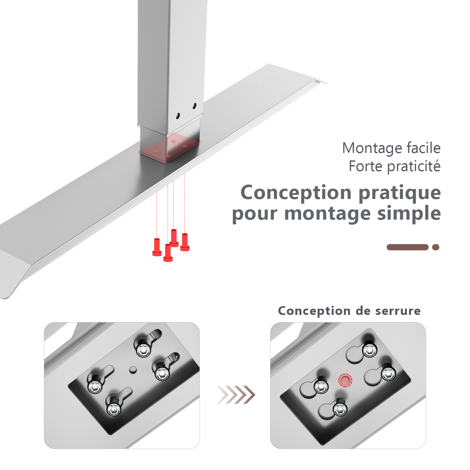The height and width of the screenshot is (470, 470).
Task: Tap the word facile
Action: tap(423, 148)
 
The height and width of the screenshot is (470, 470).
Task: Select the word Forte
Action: tap(365, 166)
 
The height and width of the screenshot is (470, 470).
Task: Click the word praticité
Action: tap(414, 166)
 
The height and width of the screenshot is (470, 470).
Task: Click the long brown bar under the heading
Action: tap(407, 247)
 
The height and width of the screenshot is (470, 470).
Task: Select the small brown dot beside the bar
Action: tap(436, 247)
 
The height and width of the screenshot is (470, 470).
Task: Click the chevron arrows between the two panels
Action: tap(236, 395)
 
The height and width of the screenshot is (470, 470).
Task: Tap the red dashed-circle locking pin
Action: tap(345, 380)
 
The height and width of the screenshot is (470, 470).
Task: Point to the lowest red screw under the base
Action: tap(168, 253)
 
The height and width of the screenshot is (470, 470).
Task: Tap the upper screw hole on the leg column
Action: tap(194, 106)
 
